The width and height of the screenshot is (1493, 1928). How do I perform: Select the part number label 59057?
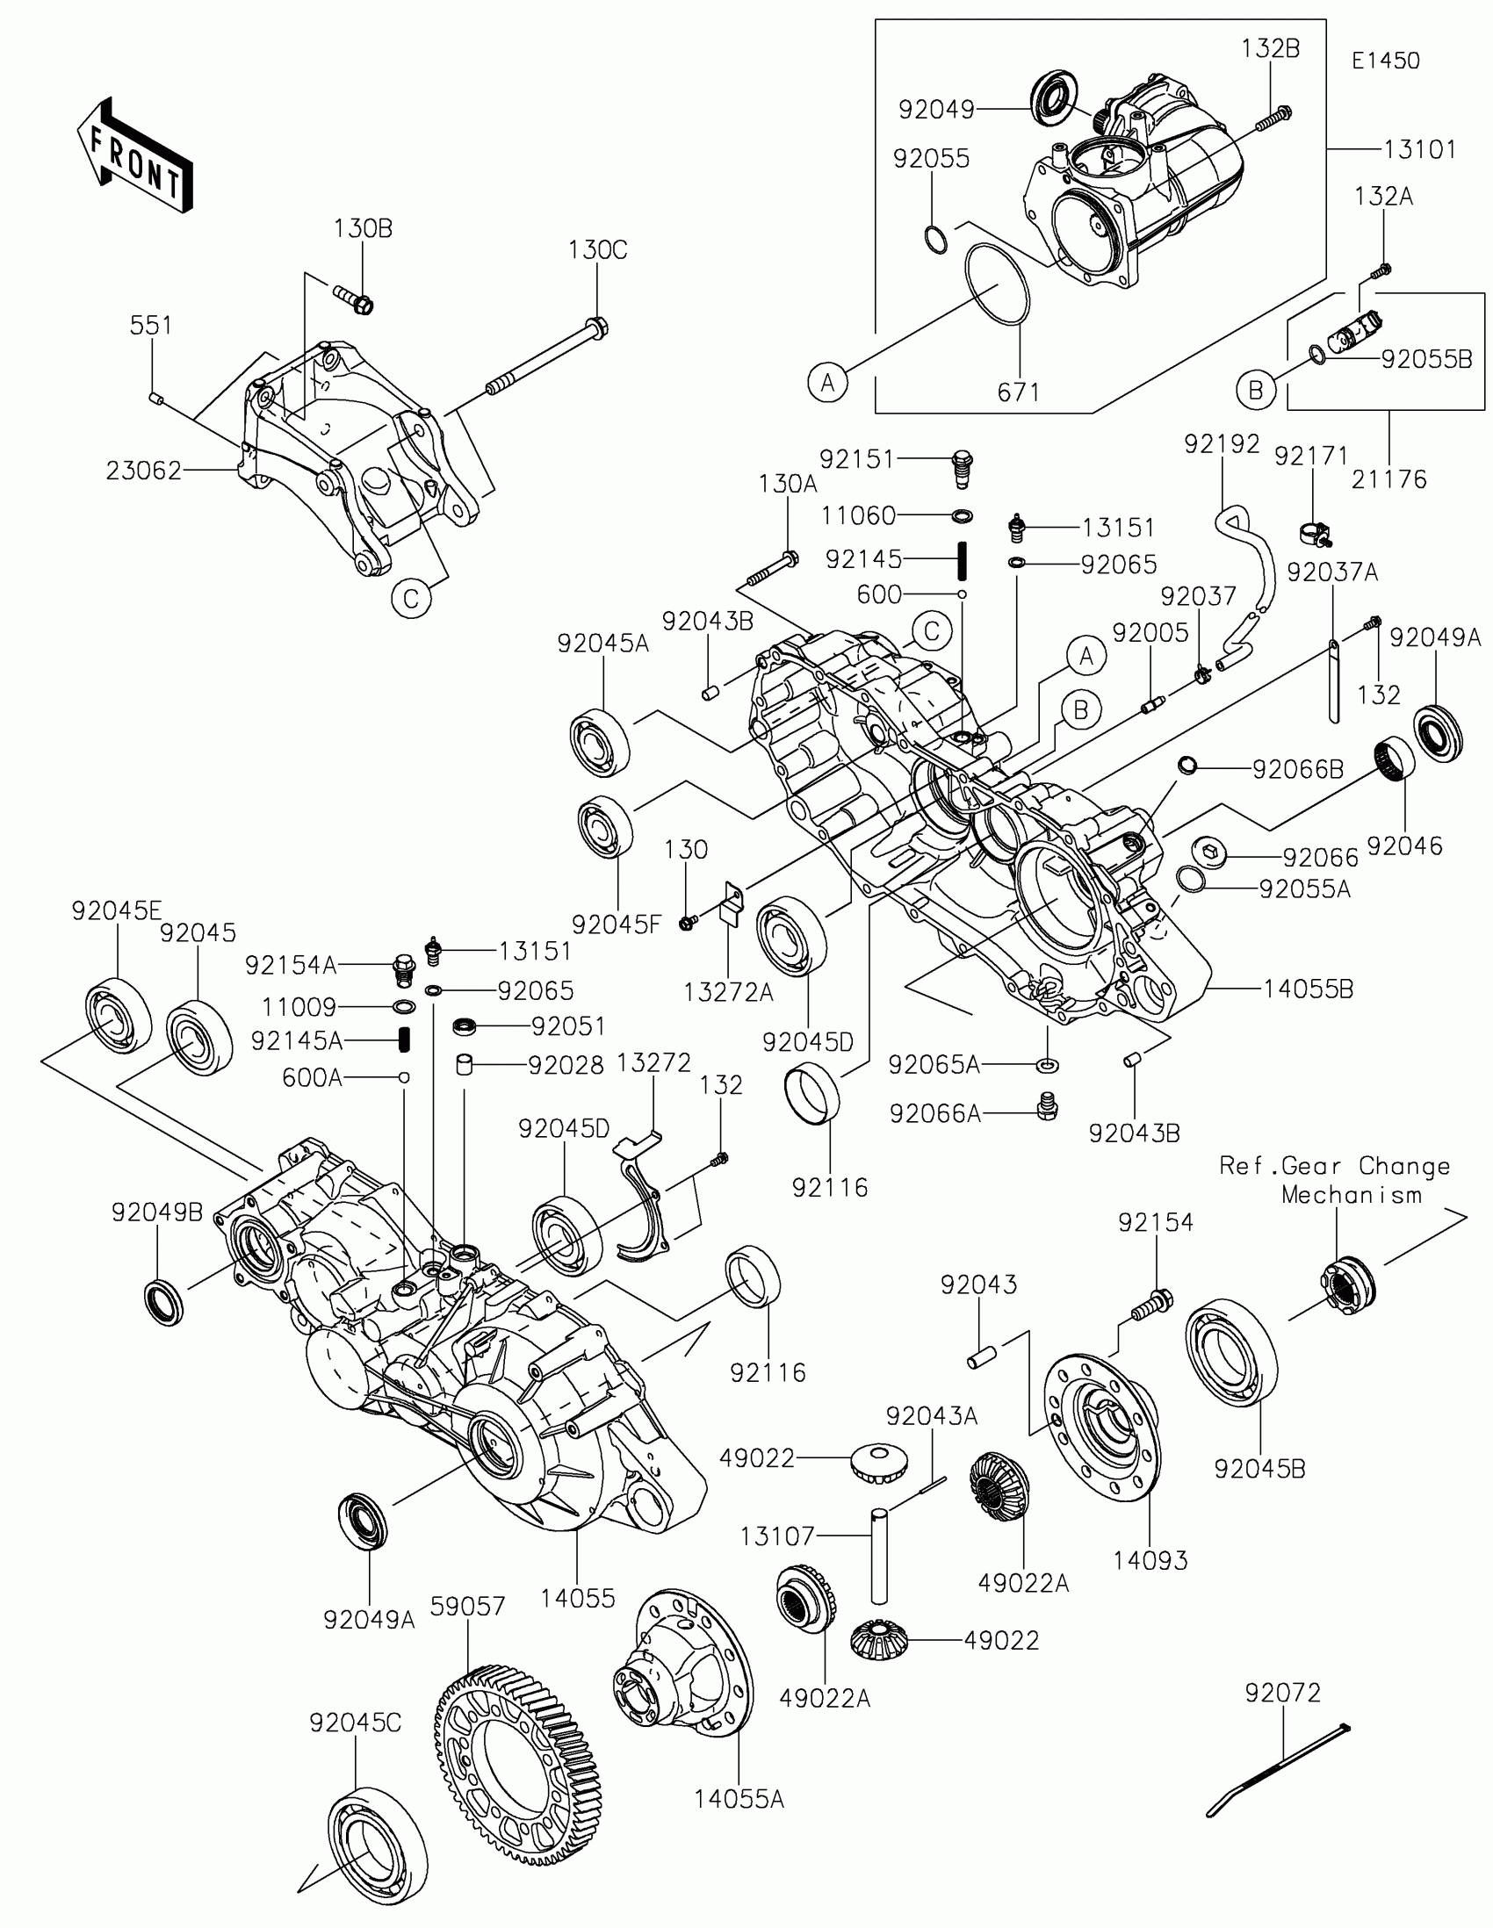pyautogui.click(x=468, y=1607)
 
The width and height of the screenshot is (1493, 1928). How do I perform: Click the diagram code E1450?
pyautogui.click(x=1385, y=61)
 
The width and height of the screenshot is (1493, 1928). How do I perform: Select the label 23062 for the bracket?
pyautogui.click(x=144, y=471)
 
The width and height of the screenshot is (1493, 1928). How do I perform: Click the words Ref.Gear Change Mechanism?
pyautogui.click(x=1334, y=1180)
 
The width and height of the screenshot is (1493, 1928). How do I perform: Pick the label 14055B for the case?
pyautogui.click(x=1308, y=989)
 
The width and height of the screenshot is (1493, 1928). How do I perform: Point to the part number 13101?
pyautogui.click(x=1419, y=150)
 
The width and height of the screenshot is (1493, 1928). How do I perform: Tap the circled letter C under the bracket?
pyautogui.click(x=411, y=600)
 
